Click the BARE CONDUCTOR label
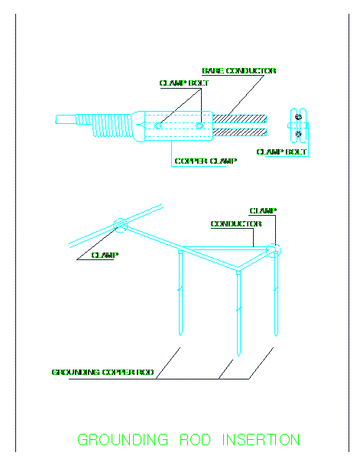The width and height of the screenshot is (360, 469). (x=239, y=71)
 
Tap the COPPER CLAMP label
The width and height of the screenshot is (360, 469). (x=206, y=161)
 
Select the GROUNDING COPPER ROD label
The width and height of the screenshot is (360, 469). (x=102, y=373)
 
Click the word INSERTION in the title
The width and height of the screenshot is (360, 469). (x=261, y=440)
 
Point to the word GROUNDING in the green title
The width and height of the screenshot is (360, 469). (x=123, y=440)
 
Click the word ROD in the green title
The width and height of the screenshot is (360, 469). (x=196, y=440)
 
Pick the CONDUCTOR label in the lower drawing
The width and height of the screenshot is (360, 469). (x=236, y=223)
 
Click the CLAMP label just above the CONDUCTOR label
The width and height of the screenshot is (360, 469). (x=263, y=211)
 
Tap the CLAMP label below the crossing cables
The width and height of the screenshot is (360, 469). (x=105, y=255)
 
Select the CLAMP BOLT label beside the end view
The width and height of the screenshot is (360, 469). (x=282, y=152)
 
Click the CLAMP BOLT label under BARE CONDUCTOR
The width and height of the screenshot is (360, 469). (x=184, y=83)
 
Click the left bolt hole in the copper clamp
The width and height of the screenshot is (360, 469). (x=157, y=126)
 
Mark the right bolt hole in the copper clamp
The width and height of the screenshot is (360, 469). (x=199, y=126)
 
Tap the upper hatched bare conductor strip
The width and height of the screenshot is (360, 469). (x=239, y=119)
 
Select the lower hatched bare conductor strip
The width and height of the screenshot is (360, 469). (x=239, y=132)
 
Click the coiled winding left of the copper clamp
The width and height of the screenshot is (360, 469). (x=103, y=125)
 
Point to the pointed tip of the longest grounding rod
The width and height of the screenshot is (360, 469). (x=238, y=356)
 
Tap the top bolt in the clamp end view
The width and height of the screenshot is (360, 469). (x=298, y=117)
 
